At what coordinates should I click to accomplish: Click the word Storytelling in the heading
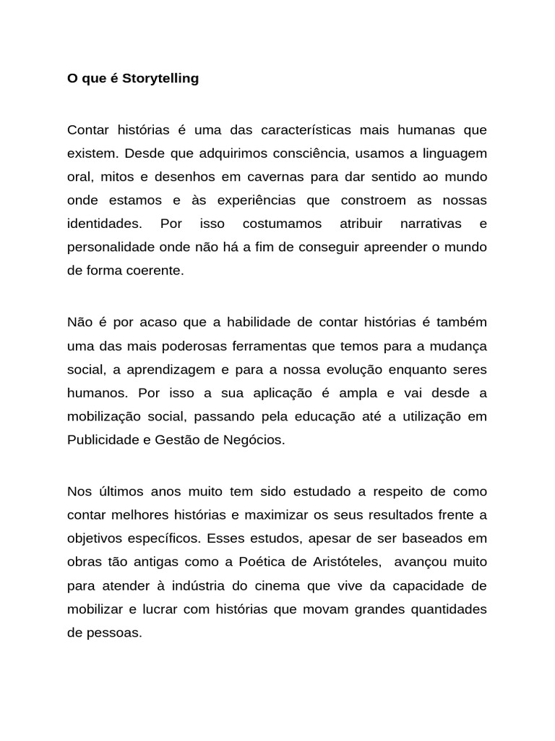160,79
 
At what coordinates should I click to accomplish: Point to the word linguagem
451,153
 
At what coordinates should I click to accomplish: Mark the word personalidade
111,247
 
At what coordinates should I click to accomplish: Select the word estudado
319,492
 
